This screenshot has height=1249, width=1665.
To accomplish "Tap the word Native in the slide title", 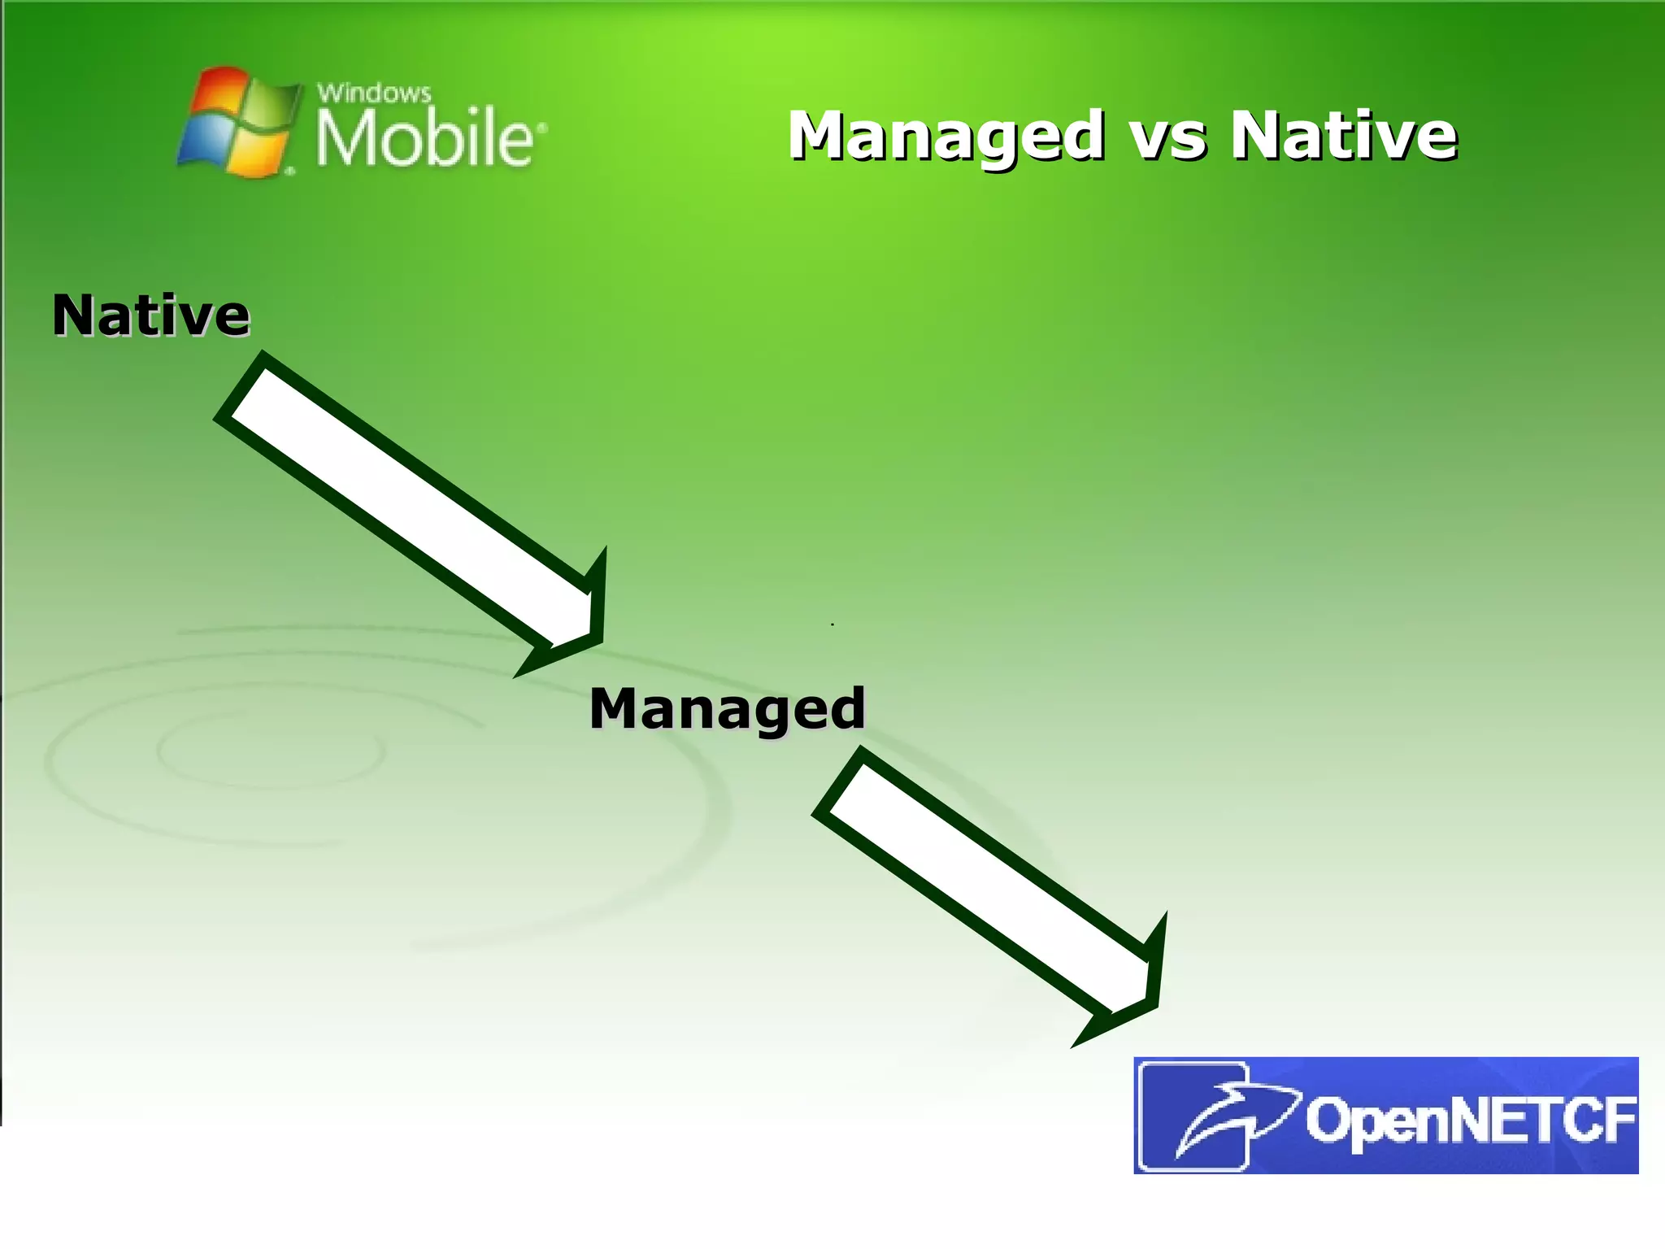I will pos(1343,136).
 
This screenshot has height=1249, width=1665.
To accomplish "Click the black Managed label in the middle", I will pos(727,709).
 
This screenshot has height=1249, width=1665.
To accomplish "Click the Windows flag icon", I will pos(236,122).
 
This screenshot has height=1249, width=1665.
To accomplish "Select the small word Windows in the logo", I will pos(373,93).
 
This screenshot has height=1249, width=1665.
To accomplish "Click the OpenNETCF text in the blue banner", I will pos(1470,1121).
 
